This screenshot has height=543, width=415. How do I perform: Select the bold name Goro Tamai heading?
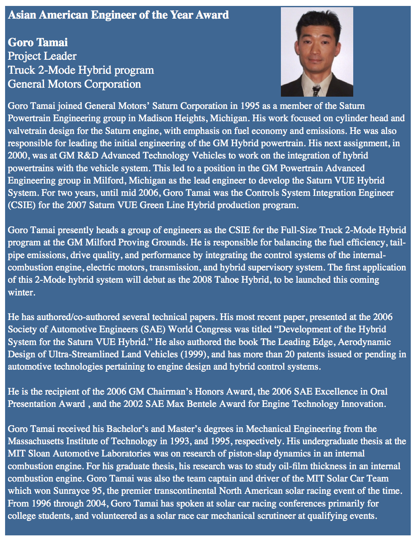(38, 42)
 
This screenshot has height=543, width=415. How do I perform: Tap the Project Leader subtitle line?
(42, 56)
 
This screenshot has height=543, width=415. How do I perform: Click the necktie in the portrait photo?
(316, 89)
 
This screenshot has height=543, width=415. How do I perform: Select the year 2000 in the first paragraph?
(17, 156)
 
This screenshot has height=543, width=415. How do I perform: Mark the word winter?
(20, 292)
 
